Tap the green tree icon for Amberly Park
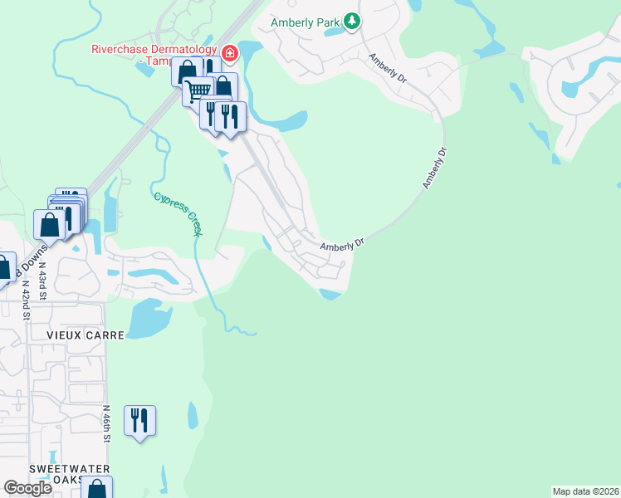[x=353, y=21]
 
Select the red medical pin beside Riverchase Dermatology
[x=229, y=55]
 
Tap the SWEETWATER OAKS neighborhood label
[x=56, y=474]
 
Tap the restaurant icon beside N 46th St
[x=139, y=419]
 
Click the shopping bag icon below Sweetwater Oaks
[x=97, y=489]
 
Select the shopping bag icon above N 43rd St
[x=50, y=224]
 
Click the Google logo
[x=27, y=488]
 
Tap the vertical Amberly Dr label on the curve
[x=434, y=168]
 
